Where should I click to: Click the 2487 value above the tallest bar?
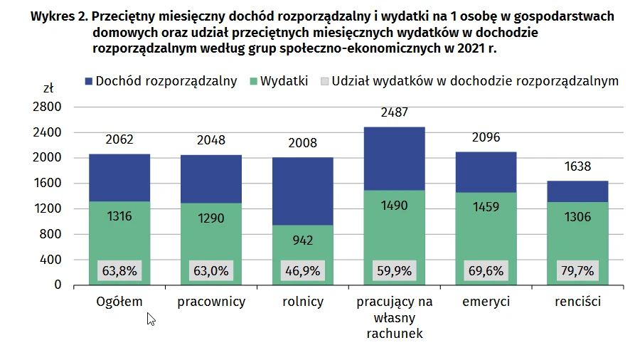395,112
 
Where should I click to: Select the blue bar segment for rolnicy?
303,191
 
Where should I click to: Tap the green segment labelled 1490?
395,204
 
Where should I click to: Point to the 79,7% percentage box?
578,271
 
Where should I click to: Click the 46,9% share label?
303,271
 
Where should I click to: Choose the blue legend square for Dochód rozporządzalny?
89,81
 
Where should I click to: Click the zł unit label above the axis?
48,89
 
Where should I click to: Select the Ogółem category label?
119,302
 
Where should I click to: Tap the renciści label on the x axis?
578,302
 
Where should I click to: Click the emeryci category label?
486,302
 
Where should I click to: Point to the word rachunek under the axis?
395,333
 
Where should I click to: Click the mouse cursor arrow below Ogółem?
150,319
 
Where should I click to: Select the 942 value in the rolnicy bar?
303,240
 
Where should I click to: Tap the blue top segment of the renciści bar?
578,191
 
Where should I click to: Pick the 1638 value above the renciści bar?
578,167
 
